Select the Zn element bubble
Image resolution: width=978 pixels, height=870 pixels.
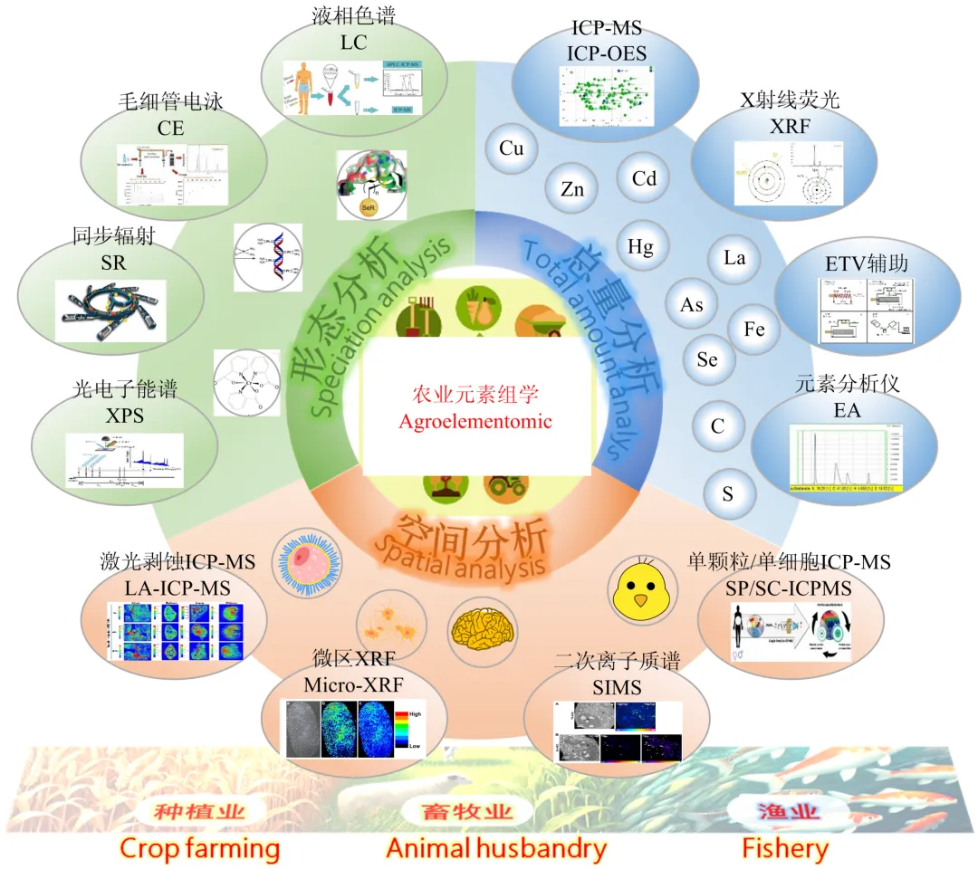[572, 189]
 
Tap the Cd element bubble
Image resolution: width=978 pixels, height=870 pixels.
[644, 178]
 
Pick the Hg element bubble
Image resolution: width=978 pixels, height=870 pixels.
[640, 245]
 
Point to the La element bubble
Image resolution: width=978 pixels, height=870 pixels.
[734, 258]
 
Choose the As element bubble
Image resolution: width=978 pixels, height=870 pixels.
[692, 304]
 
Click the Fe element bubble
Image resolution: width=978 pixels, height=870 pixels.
[753, 329]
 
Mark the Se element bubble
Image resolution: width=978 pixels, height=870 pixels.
[707, 359]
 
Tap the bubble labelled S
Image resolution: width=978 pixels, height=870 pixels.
[727, 494]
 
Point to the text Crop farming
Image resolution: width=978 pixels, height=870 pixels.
[199, 848]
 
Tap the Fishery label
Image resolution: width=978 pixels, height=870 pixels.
[784, 848]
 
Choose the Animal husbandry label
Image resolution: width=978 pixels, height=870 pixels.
[495, 848]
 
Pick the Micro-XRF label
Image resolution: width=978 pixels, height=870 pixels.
[349, 684]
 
